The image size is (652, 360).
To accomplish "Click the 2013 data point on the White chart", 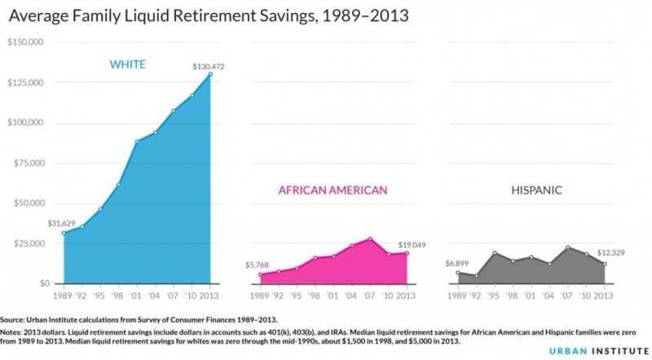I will coord(210,74).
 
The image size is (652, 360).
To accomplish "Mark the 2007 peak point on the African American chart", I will coord(370,239).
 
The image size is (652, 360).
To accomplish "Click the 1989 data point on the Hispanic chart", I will coord(458,274).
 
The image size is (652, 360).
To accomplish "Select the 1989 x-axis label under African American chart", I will coord(258,295).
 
